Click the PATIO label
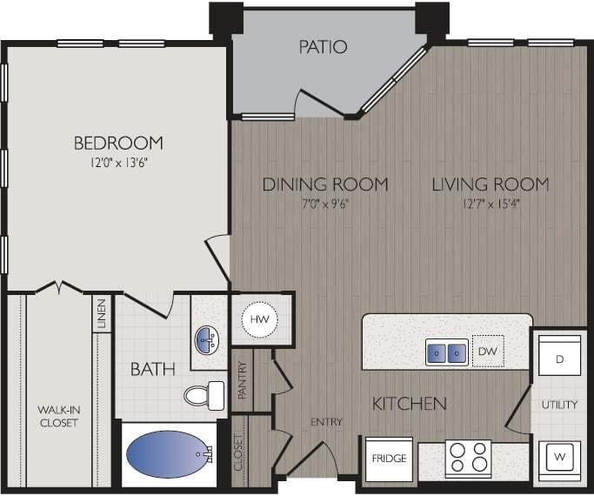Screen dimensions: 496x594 (x=324, y=46)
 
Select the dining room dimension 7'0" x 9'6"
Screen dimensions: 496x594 (x=325, y=205)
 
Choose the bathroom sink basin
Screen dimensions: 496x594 (x=207, y=338)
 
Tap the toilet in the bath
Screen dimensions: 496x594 (x=203, y=395)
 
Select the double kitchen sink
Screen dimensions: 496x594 (x=447, y=352)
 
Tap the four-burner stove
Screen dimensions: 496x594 (x=468, y=459)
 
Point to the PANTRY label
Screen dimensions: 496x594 (x=242, y=379)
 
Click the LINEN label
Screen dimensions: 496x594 (x=102, y=313)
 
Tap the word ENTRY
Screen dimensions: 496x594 (x=327, y=422)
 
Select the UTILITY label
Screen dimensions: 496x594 (x=560, y=406)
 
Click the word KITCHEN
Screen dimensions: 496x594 (x=410, y=404)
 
